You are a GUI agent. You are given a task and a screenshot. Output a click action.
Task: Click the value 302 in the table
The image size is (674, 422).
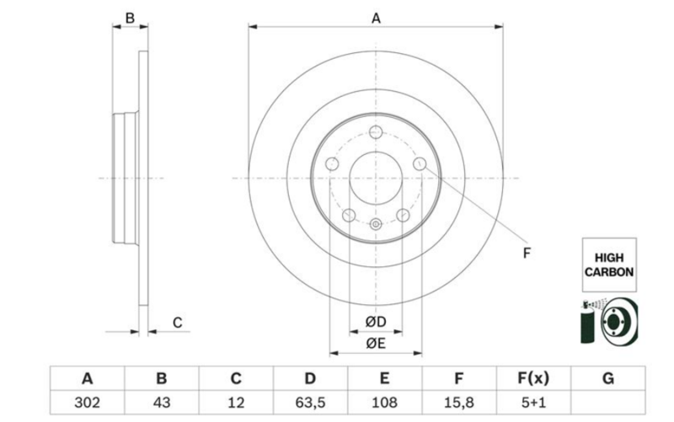pos(88,403)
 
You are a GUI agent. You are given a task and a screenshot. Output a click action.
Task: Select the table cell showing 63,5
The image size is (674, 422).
pos(310,403)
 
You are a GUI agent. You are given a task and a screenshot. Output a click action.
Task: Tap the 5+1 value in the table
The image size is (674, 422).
pos(533,403)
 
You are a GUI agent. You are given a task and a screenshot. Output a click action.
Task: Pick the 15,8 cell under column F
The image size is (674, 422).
pos(459,403)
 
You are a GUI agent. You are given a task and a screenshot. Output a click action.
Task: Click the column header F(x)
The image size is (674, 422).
pos(533,378)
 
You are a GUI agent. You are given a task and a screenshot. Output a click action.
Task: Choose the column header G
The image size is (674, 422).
pos(607,378)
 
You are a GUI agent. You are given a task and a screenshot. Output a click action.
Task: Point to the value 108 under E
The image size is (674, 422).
pos(385,403)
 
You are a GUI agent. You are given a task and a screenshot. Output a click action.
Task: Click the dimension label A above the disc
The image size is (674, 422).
pos(376,19)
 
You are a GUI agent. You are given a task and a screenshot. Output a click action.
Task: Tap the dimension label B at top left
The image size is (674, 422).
pos(130,18)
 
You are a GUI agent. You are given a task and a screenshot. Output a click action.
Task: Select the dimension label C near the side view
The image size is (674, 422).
pos(177,323)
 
